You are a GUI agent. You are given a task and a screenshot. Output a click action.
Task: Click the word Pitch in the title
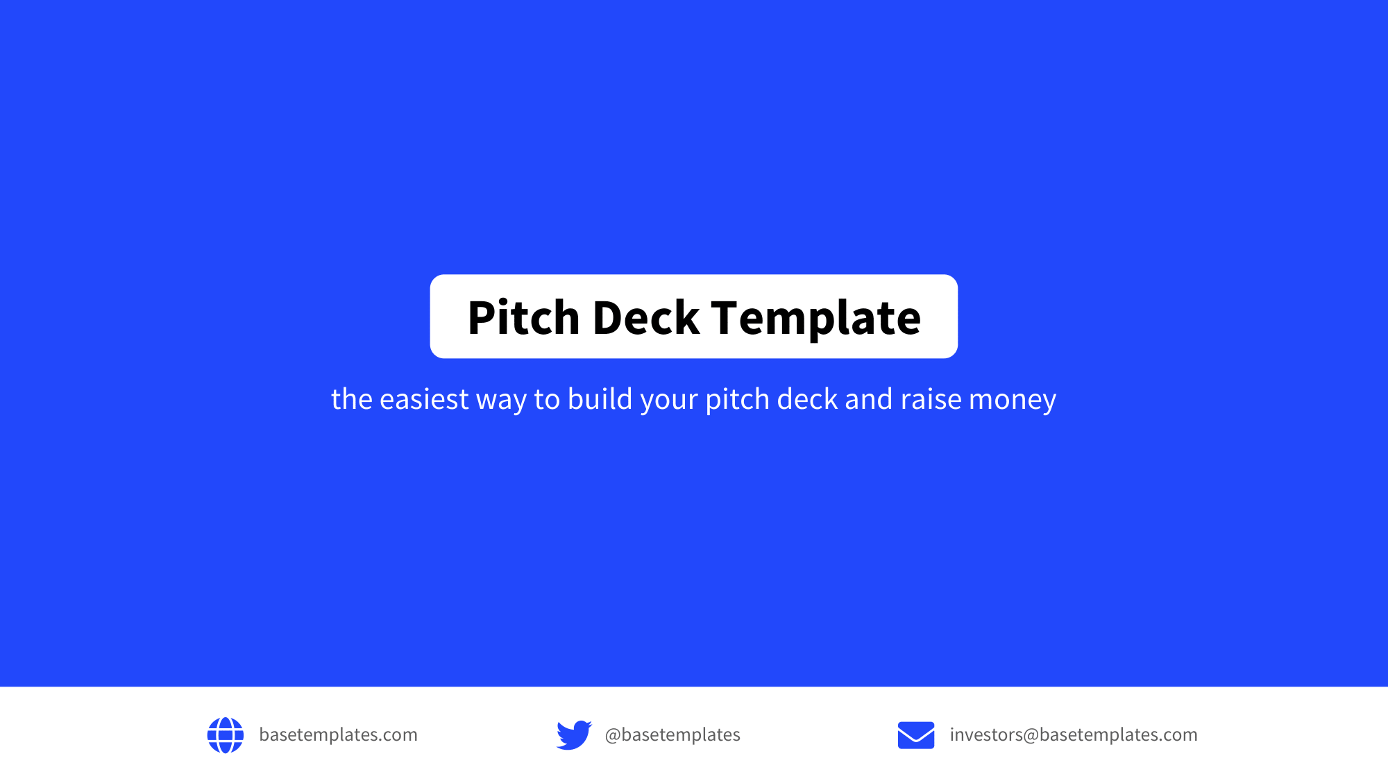tap(523, 318)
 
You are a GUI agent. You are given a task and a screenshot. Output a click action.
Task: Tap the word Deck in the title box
tap(645, 318)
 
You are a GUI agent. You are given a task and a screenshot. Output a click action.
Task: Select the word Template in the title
tap(815, 318)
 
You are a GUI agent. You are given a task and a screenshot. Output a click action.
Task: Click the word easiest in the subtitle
tap(424, 399)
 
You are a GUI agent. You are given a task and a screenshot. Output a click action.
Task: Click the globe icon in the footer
tap(226, 735)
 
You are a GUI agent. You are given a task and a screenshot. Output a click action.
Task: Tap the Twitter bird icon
tap(574, 735)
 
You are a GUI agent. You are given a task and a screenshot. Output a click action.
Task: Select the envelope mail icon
tap(916, 735)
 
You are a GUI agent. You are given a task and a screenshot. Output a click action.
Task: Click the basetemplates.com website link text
tap(338, 734)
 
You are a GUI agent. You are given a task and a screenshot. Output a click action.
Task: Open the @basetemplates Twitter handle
tap(672, 734)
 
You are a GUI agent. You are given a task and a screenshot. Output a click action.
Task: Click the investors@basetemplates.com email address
tap(1074, 734)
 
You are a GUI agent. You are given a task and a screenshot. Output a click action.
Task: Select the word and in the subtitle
tap(868, 399)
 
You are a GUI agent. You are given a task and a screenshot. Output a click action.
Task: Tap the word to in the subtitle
tap(547, 399)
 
